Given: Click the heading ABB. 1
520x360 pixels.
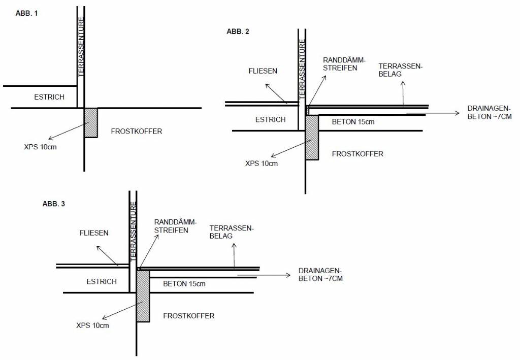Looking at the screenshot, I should [x=27, y=14].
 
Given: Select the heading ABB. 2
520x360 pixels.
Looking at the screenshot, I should [x=238, y=31].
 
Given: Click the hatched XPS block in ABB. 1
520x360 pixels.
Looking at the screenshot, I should [x=91, y=122].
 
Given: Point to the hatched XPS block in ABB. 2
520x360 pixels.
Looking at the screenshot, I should [x=312, y=138].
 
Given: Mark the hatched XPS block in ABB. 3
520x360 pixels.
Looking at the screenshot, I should [x=143, y=296].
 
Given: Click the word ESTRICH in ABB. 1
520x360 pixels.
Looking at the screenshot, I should [x=49, y=97].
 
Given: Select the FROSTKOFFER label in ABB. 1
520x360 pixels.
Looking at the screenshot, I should [x=136, y=131].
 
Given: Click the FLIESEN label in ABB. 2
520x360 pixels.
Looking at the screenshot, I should [x=263, y=71].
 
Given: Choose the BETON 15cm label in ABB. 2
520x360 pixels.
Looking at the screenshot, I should [x=353, y=122].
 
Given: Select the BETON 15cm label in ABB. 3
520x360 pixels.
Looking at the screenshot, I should [x=184, y=284].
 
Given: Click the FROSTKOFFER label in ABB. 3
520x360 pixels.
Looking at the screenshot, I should [x=188, y=316].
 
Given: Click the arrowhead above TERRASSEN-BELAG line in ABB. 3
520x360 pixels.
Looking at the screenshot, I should [x=234, y=246].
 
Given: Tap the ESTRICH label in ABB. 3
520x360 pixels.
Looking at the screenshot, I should [x=102, y=281].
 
